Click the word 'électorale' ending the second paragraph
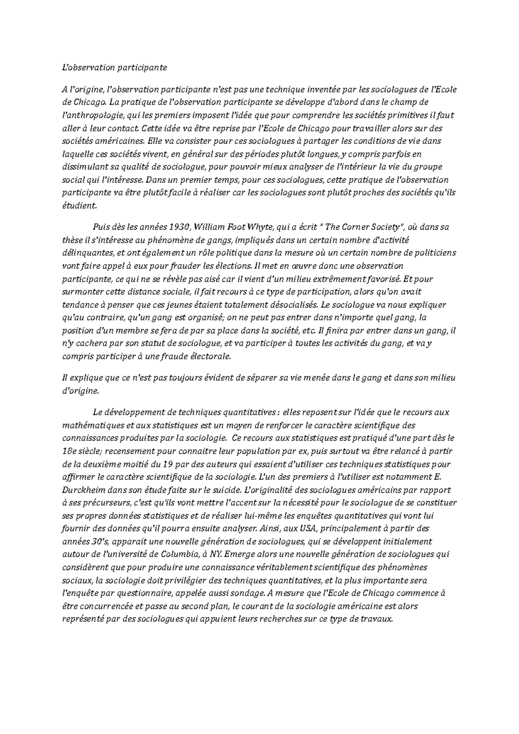211,357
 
